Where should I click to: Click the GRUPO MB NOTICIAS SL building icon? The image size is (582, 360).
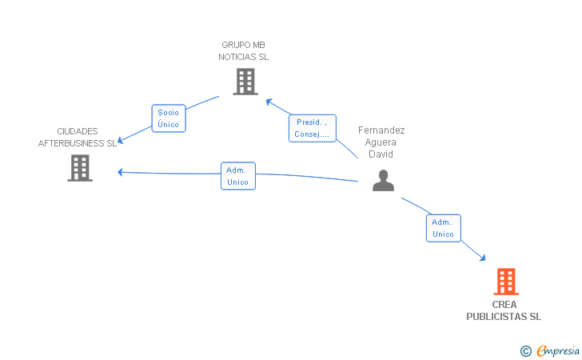[x=245, y=82]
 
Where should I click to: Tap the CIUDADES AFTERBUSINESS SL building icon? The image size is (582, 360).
[x=80, y=168]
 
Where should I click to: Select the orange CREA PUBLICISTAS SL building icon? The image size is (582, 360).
[x=506, y=282]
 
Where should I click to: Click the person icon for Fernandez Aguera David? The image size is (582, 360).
[x=383, y=181]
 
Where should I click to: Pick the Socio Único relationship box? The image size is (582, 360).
[x=169, y=118]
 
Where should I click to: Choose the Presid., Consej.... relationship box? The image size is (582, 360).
[x=313, y=128]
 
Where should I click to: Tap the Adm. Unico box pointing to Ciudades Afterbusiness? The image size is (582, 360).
[x=238, y=176]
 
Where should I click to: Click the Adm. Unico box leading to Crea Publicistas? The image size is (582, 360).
[x=444, y=228]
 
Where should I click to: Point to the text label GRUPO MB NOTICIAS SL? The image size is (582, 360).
[x=244, y=51]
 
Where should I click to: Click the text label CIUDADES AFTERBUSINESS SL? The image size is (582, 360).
[x=78, y=137]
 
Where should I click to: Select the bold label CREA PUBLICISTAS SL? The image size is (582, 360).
[x=504, y=310]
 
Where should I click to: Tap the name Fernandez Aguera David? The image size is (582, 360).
[x=381, y=142]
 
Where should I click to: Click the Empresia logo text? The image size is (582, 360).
[x=558, y=350]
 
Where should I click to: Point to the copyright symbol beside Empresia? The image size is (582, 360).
[x=525, y=351]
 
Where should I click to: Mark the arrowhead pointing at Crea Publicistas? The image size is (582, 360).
[x=483, y=258]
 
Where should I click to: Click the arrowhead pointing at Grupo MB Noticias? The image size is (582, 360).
[x=269, y=101]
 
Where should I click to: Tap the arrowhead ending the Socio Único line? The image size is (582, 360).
[x=120, y=141]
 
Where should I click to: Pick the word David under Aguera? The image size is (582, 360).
[x=381, y=154]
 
